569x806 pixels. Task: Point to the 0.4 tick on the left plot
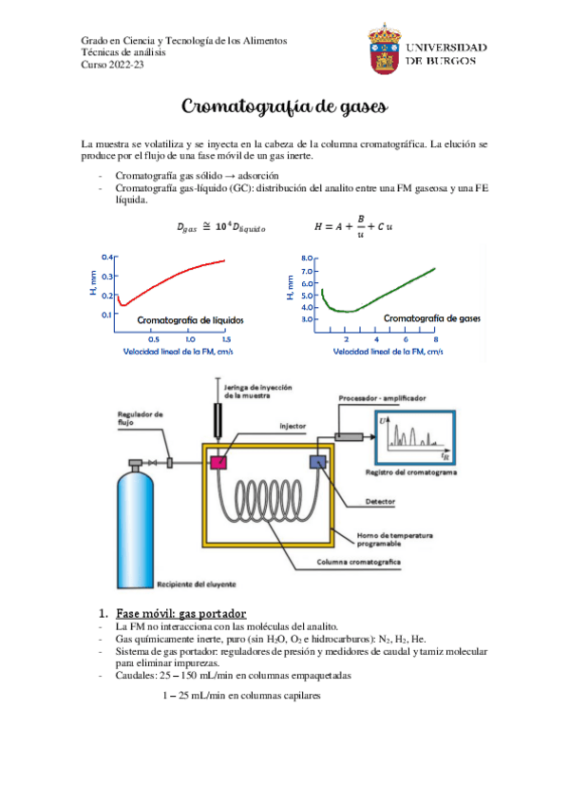point(108,258)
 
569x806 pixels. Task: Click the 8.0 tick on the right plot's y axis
point(307,258)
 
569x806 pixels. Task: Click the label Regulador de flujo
point(141,418)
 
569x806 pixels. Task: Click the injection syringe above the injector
point(217,418)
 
